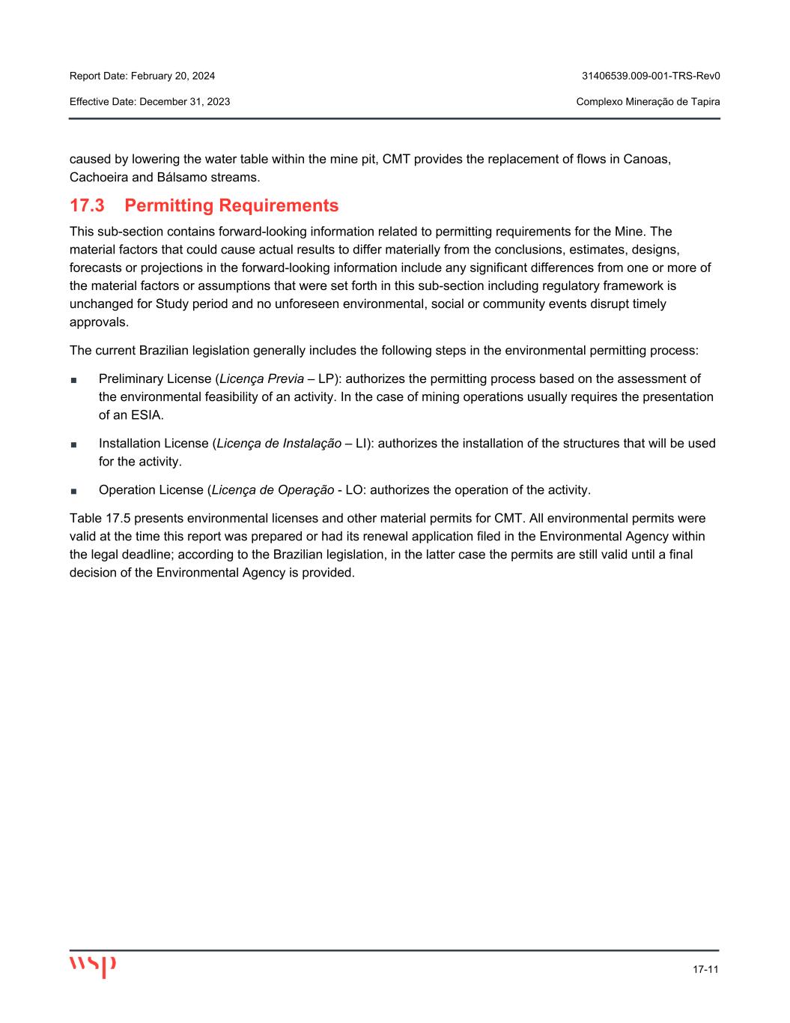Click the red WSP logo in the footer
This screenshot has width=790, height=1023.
coord(92,965)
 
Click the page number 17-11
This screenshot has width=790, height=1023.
coord(705,970)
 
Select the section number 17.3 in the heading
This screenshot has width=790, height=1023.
coord(86,205)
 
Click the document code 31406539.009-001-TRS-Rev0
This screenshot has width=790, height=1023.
coord(651,76)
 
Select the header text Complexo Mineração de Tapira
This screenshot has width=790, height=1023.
coord(648,101)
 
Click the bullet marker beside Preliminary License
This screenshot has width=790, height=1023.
coord(73,379)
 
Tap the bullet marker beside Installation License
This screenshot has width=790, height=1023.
coord(73,444)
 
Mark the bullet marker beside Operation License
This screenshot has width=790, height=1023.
coord(73,491)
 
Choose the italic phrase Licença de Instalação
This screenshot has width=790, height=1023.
coord(278,444)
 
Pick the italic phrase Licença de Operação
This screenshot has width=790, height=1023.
coord(273,490)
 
